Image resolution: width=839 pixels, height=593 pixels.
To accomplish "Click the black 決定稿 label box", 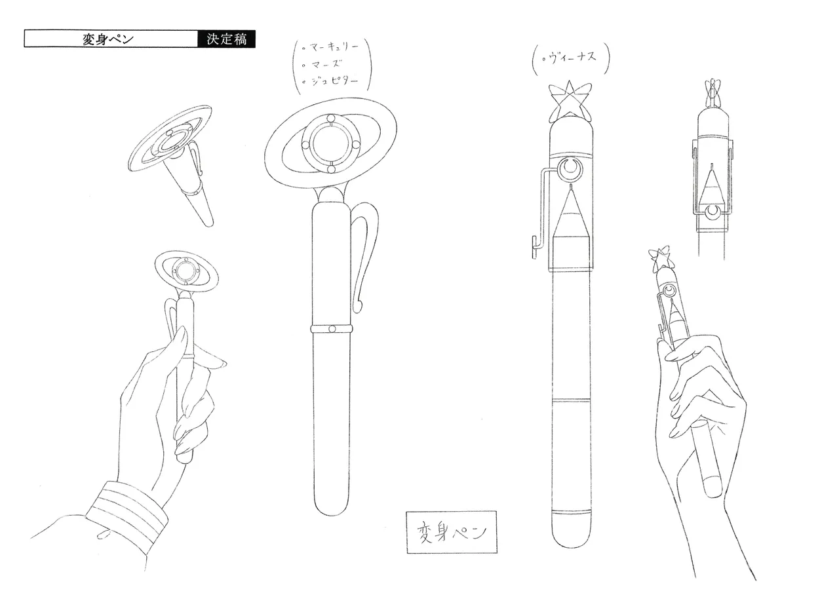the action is tap(226, 39).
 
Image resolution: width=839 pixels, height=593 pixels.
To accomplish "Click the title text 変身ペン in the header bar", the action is tap(108, 39).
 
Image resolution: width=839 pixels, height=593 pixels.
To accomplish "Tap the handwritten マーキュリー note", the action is tap(331, 47).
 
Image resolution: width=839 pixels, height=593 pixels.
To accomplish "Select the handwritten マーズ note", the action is tap(322, 64).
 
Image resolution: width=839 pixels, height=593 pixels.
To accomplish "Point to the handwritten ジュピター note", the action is tap(331, 81).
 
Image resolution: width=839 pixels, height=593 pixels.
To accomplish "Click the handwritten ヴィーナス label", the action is tap(569, 58).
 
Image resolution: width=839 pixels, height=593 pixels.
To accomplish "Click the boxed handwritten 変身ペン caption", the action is tap(452, 531).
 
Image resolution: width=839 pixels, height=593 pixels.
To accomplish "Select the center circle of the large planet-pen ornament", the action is tap(331, 144).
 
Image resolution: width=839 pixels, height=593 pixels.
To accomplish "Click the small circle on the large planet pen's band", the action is tap(332, 329).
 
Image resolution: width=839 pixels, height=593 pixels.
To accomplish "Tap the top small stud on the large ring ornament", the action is tap(331, 119).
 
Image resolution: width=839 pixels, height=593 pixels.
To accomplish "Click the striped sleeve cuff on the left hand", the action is tap(127, 514).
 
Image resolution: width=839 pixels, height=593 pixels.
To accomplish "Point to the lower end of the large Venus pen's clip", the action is tap(534, 247).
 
